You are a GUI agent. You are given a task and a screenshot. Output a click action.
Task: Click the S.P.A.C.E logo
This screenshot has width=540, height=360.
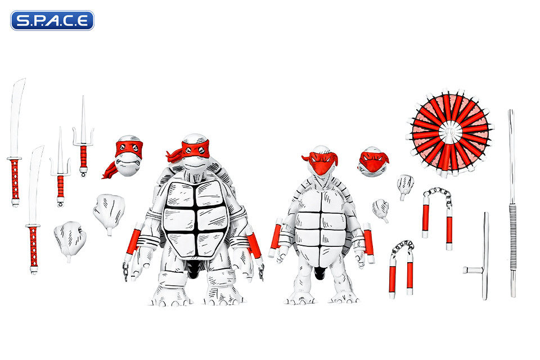coord(52,20)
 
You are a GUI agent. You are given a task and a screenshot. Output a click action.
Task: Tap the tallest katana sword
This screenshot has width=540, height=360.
coord(15,146)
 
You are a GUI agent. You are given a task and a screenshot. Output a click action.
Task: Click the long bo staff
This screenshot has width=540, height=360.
coord(512,202)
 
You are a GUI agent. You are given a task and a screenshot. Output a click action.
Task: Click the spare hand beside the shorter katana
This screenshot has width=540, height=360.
coord(70,239)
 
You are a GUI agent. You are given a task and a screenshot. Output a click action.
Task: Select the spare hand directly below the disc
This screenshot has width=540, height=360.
coord(406,185)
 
